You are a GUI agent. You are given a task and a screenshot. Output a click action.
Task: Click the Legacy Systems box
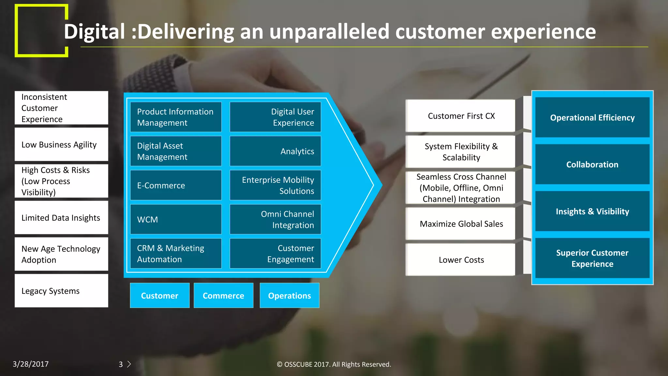[61, 290]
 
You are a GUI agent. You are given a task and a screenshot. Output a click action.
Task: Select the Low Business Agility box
[61, 144]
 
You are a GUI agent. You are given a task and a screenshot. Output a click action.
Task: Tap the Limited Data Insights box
[61, 217]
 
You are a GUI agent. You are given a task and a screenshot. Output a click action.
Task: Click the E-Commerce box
[176, 185]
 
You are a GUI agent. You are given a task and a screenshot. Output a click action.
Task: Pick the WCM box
[176, 219]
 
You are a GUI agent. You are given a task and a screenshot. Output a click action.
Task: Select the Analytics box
[275, 151]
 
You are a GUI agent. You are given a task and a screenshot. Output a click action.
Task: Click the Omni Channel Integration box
[275, 219]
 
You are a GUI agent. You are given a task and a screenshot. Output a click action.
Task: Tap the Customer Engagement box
[275, 253]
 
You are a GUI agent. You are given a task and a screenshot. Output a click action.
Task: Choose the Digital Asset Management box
[176, 151]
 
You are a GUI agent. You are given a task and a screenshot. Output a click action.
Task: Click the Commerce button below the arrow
[223, 295]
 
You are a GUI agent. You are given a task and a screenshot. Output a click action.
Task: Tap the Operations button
[289, 295]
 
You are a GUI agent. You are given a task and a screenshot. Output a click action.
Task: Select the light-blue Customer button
[159, 295]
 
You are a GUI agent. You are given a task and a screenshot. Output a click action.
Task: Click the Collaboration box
[592, 164]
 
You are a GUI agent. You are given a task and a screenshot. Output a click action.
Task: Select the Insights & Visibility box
[592, 211]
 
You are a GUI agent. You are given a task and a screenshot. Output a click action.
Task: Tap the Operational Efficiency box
[592, 117]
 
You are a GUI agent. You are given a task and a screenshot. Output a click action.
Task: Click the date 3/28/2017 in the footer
[31, 364]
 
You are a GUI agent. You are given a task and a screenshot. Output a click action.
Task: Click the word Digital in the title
[94, 32]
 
